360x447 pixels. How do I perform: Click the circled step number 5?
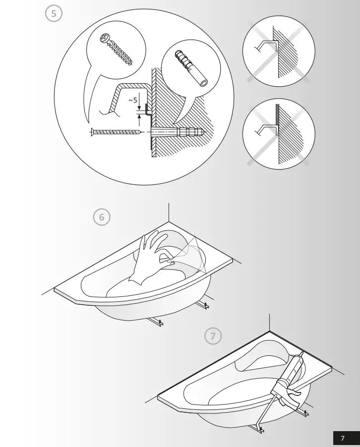54,13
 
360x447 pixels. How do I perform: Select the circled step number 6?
102,217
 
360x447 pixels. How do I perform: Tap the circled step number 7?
213,336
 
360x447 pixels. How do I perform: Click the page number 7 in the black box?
343,438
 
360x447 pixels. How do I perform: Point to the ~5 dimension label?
132,101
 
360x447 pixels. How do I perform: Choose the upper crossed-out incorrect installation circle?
279,52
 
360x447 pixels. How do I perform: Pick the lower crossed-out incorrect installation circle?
279,134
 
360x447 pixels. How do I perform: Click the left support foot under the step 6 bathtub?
156,323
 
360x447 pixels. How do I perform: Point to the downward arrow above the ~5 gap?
139,105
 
